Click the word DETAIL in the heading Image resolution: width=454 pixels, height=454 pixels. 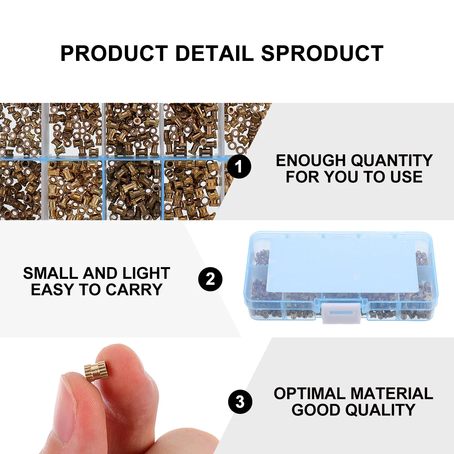click(x=214, y=53)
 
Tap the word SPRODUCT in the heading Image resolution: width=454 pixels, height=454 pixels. click(x=322, y=53)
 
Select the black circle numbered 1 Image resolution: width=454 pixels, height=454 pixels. click(x=239, y=166)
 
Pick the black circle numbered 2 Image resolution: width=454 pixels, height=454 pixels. click(x=210, y=279)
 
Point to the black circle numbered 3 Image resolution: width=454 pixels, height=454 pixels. click(x=240, y=401)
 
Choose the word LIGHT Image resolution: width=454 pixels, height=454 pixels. click(x=146, y=273)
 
